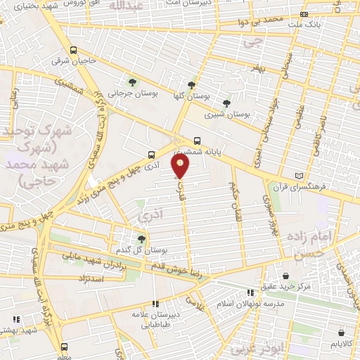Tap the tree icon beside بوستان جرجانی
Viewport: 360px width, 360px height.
(x=132, y=84)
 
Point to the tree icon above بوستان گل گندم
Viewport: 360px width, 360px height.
(x=143, y=240)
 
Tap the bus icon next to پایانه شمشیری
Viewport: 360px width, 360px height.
(x=198, y=139)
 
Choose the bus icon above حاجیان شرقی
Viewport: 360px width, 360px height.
(x=74, y=50)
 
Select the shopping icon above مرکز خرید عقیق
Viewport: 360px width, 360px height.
(x=285, y=276)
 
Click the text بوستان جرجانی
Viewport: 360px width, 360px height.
(x=132, y=94)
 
